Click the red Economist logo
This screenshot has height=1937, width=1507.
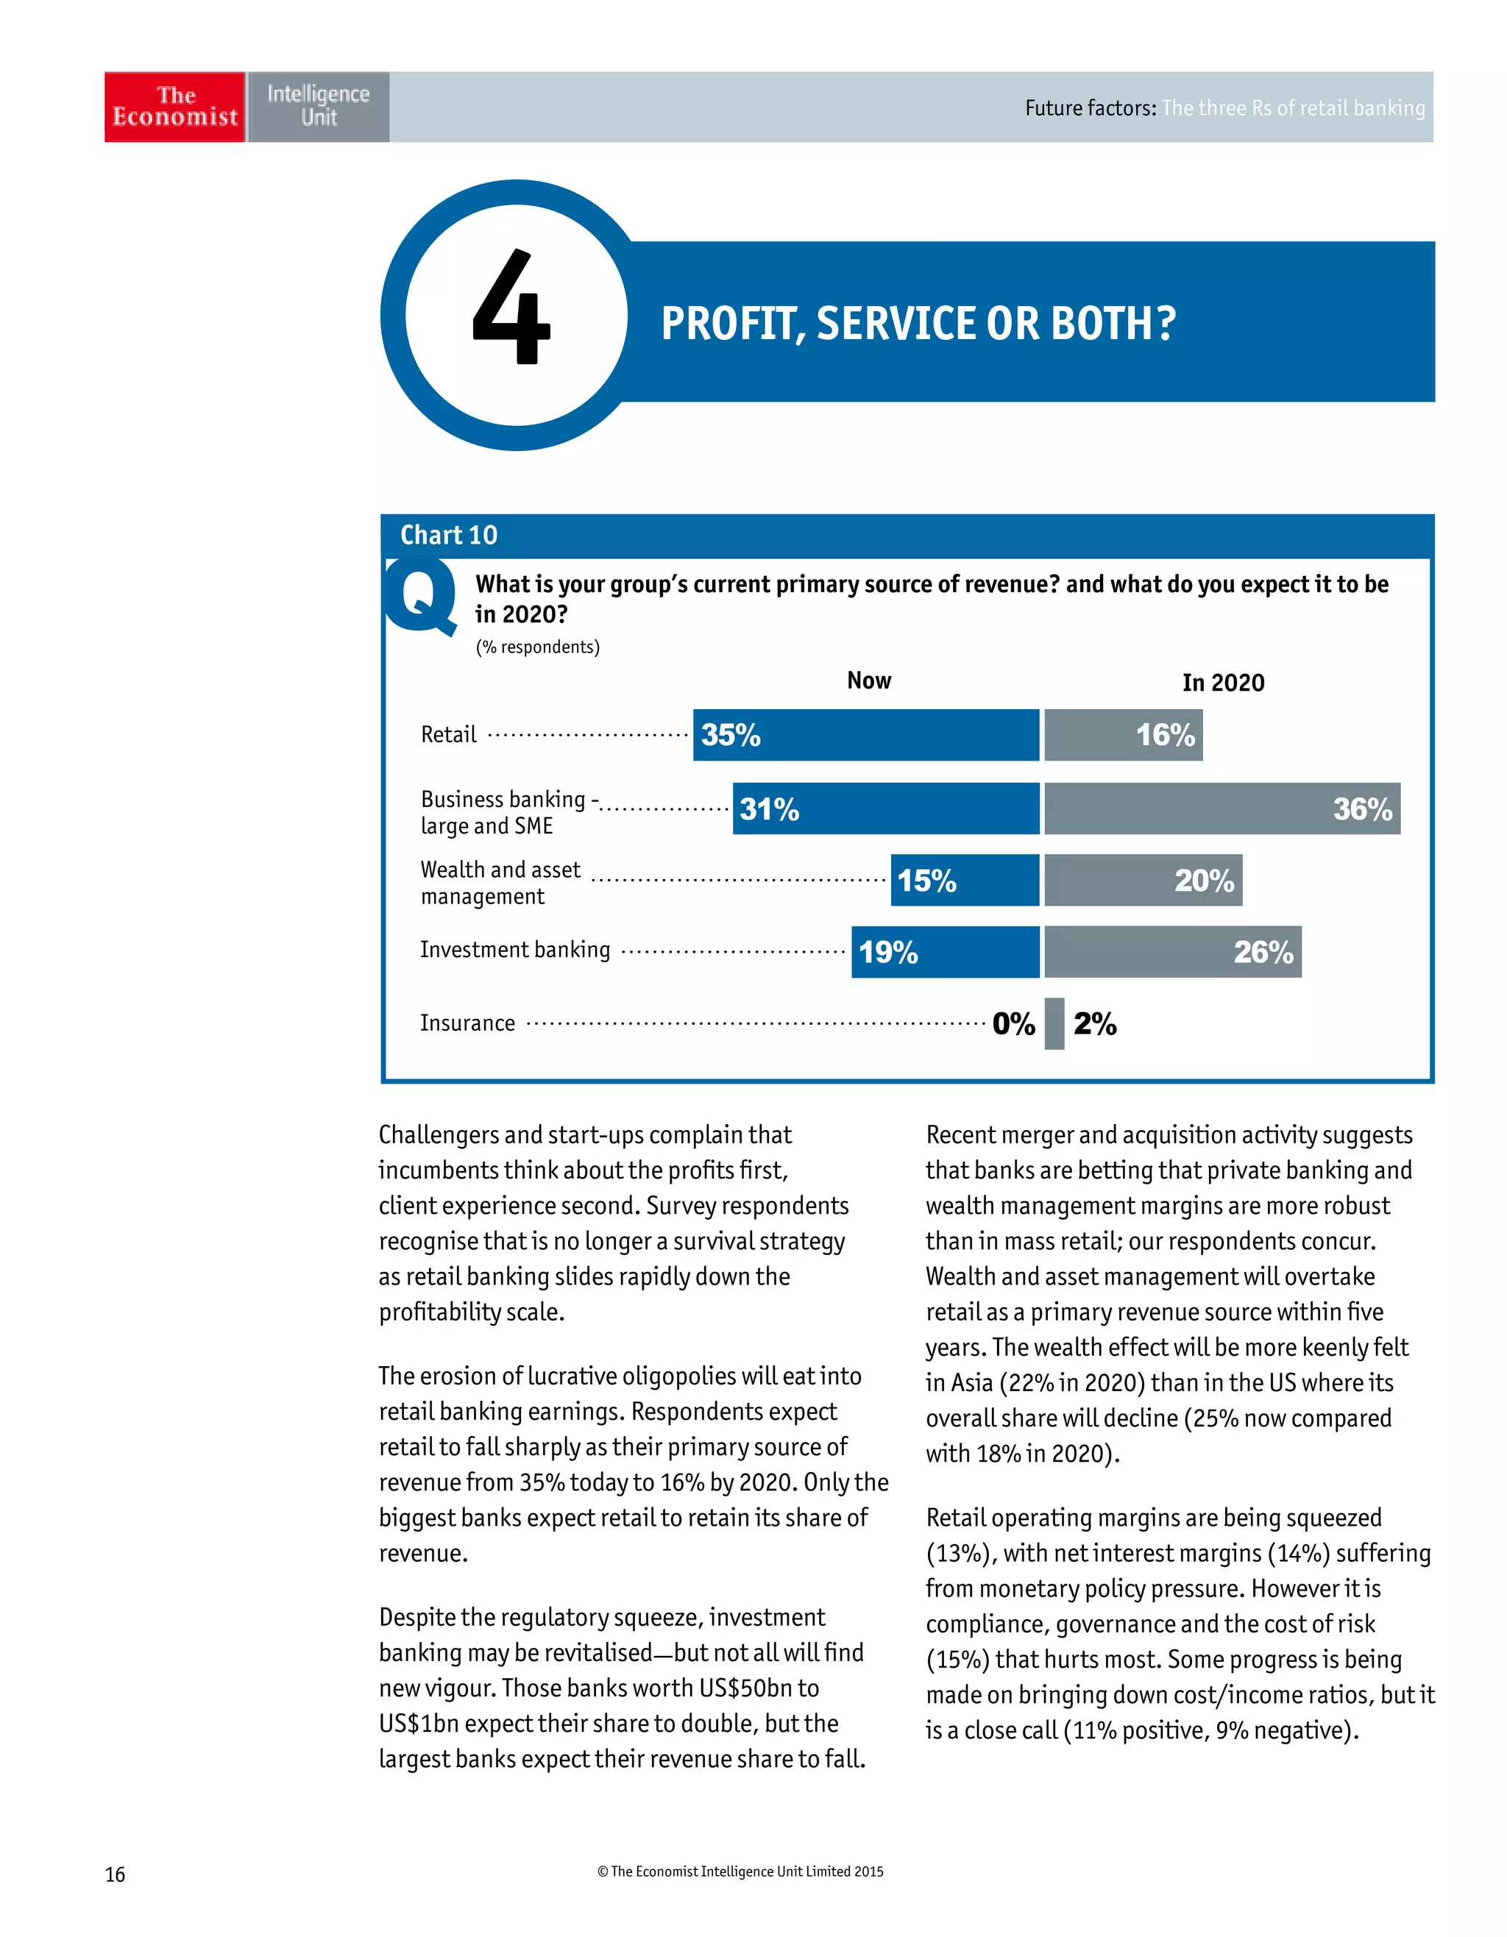[174, 107]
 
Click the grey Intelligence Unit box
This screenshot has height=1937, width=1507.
[319, 107]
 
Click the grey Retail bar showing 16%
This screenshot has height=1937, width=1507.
[1123, 735]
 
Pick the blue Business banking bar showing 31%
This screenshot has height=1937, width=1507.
[885, 808]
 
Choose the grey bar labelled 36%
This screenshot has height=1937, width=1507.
[1221, 808]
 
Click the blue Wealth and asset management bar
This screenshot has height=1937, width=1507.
[964, 881]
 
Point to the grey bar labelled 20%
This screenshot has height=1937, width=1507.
[1143, 881]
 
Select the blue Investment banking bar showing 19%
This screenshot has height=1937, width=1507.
[945, 953]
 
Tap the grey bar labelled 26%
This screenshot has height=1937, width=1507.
[1173, 953]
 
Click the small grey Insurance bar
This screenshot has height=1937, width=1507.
[1054, 1024]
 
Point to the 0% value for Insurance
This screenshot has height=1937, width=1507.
[1014, 1024]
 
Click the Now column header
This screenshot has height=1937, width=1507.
[868, 681]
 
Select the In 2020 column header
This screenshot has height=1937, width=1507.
[1223, 683]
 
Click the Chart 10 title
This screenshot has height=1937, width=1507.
[449, 536]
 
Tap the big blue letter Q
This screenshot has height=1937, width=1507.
[420, 598]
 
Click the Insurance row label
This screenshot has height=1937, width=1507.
[467, 1023]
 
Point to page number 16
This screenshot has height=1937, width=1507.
[116, 1874]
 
